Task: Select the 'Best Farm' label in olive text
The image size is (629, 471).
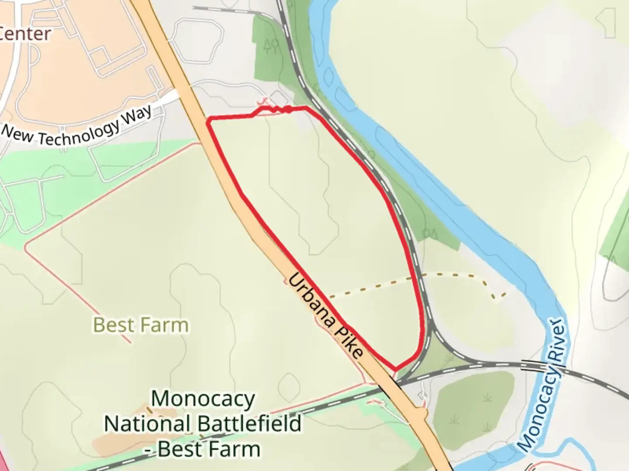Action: (141, 325)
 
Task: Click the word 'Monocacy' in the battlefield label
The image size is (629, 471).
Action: (203, 399)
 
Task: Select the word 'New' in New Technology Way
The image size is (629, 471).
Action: (17, 133)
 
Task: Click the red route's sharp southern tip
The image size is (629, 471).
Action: (396, 369)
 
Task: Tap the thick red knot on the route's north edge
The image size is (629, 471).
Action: (288, 109)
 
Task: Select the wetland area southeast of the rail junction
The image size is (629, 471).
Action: (474, 399)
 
